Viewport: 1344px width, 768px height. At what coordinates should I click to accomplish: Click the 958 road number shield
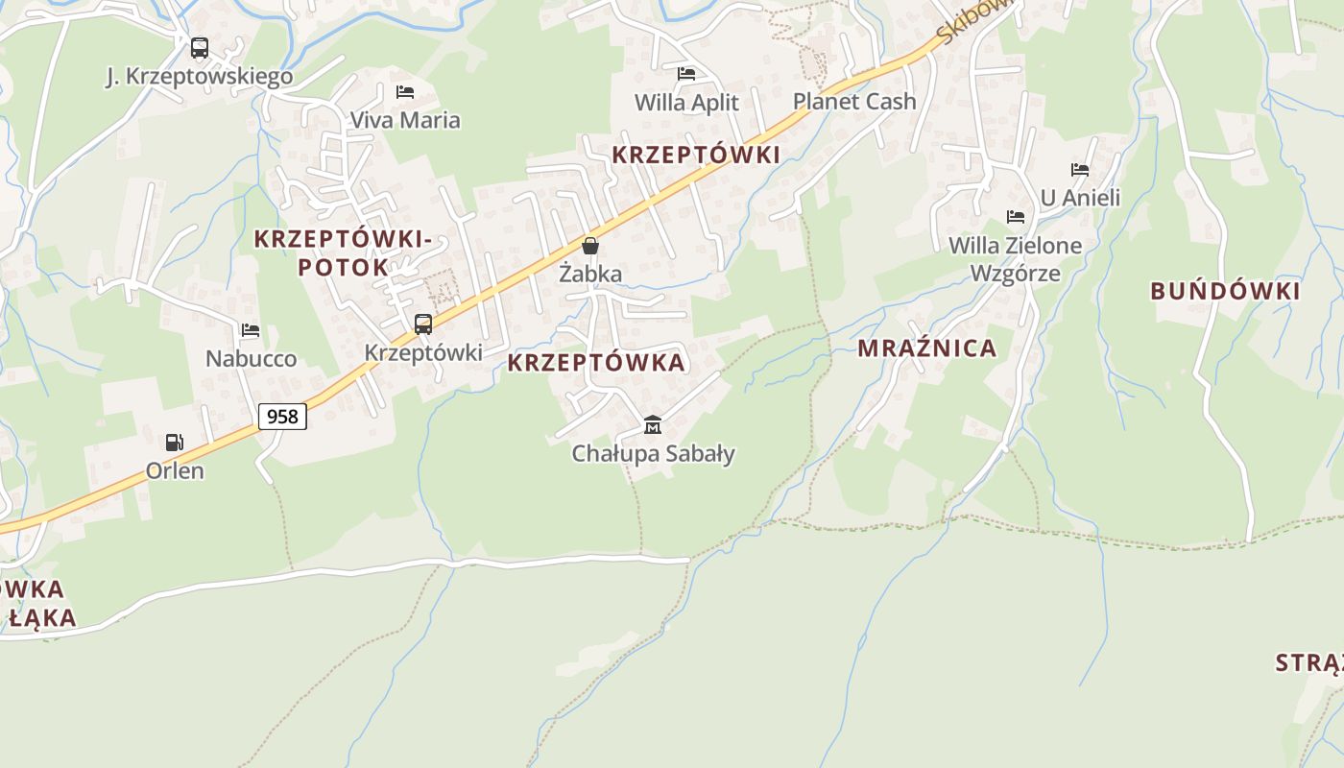tap(282, 416)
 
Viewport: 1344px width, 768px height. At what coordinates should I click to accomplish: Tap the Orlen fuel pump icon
tap(175, 443)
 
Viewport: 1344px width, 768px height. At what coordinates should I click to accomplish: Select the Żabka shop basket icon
tap(590, 246)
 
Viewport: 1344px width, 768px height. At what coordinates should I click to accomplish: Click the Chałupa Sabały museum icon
tap(653, 424)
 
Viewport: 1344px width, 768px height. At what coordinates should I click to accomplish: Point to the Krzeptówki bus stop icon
tap(423, 324)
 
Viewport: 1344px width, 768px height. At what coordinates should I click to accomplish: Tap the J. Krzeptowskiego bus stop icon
tap(199, 48)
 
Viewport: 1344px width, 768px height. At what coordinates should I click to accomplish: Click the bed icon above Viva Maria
tap(405, 92)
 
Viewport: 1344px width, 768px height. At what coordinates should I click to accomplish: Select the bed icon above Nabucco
tap(251, 330)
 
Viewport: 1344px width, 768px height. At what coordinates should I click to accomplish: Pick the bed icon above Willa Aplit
tap(686, 73)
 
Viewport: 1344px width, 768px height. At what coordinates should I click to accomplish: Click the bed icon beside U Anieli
tap(1080, 170)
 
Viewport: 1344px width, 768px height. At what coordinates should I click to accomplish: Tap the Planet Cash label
tap(854, 101)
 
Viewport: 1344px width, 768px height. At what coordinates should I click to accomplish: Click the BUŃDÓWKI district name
tap(1225, 291)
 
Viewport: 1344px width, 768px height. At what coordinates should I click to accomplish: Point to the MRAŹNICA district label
tap(927, 348)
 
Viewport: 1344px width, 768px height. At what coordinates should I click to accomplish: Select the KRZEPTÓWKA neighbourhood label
tap(596, 362)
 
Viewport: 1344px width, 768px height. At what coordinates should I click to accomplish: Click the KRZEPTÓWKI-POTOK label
tap(343, 253)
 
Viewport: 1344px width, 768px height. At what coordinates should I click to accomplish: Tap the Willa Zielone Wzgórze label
tap(1015, 259)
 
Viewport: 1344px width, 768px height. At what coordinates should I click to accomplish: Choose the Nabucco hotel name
tap(252, 359)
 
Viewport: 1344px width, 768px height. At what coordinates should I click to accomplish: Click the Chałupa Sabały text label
tap(653, 453)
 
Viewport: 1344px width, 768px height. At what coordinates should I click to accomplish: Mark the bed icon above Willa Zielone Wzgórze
tap(1016, 217)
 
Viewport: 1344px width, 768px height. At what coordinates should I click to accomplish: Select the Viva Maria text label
tap(405, 120)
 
